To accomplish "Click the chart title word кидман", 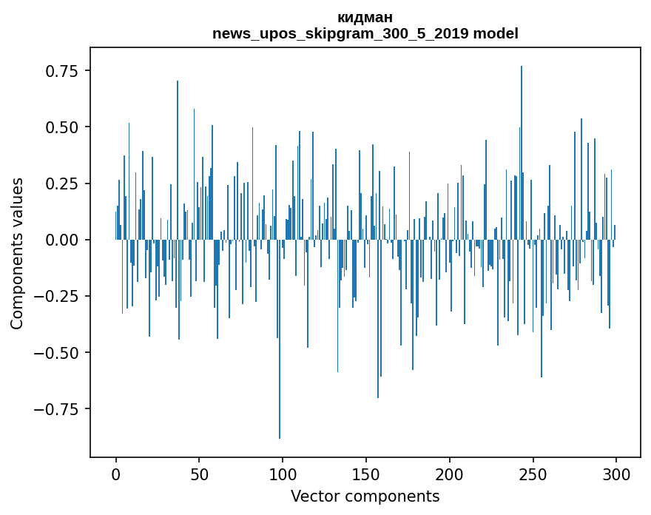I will (365, 18).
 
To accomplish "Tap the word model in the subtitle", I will (496, 34).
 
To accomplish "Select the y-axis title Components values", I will (17, 253).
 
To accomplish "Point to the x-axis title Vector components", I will (365, 497).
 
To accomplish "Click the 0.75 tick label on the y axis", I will (62, 71).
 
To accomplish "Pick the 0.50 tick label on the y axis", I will (62, 127).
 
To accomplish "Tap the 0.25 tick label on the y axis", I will (62, 184).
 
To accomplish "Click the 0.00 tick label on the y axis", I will (62, 240).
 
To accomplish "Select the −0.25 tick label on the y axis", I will (58, 296).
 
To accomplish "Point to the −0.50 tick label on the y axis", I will (58, 352).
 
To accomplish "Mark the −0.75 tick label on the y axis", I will (58, 408).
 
